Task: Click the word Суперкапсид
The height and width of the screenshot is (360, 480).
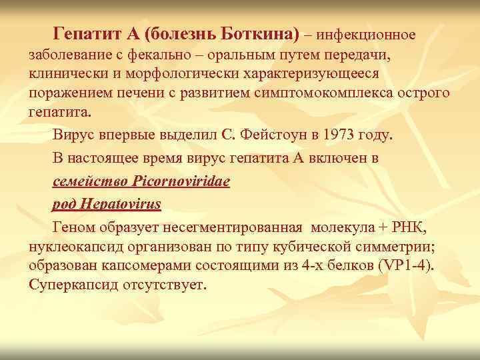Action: (74, 284)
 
